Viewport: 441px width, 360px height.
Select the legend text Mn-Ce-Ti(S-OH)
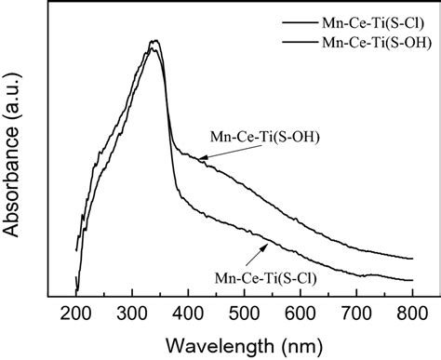371,42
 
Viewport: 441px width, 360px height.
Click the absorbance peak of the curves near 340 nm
154,43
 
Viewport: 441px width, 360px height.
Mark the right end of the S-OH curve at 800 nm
411,259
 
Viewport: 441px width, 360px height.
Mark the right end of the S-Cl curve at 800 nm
411,280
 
